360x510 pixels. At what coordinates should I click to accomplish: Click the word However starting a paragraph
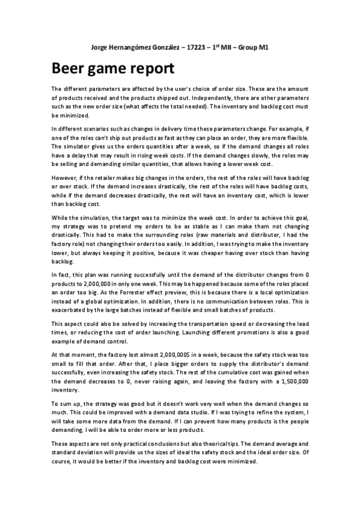pyautogui.click(x=64, y=177)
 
